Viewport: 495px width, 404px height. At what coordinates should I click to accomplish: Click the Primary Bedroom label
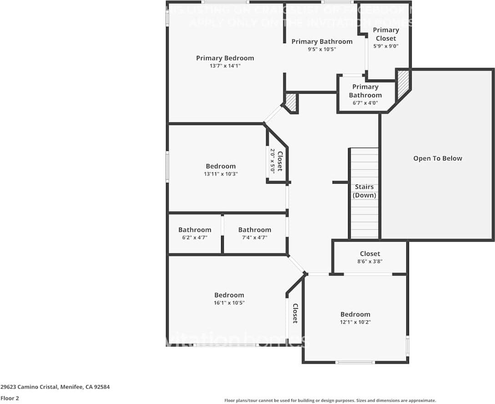tap(225, 58)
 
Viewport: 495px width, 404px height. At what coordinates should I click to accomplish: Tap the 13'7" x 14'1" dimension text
tap(225, 66)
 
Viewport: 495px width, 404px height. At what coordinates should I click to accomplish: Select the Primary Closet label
tap(386, 34)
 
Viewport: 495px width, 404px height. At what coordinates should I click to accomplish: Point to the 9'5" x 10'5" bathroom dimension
tap(322, 49)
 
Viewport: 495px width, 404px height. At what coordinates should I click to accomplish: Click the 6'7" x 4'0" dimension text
tap(365, 103)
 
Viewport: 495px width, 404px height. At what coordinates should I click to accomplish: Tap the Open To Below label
tap(437, 159)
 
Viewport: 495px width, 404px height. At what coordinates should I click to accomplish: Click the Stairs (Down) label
tap(364, 191)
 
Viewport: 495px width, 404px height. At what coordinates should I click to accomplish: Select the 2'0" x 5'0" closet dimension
tap(273, 161)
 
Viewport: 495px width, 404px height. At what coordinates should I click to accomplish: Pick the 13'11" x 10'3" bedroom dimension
tap(221, 174)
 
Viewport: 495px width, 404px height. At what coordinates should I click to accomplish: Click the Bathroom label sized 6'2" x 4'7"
tap(195, 230)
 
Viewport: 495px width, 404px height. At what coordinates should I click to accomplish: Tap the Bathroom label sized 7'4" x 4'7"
tap(254, 230)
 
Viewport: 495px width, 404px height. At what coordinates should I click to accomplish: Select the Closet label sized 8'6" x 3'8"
tap(369, 254)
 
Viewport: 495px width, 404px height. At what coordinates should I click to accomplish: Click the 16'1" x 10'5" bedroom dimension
tap(229, 303)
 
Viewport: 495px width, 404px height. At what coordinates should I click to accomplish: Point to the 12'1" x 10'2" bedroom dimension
tap(355, 322)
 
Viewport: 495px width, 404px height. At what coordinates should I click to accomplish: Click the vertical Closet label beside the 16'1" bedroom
tap(295, 314)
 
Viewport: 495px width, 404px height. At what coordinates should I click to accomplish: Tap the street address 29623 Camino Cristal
tap(55, 387)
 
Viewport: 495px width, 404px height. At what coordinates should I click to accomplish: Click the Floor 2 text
tap(10, 398)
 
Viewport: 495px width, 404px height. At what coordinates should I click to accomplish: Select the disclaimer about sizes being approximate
tap(330, 400)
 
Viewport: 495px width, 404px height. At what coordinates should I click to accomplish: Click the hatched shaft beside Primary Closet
tap(403, 84)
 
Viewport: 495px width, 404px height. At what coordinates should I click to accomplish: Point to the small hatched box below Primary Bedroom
tap(291, 103)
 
